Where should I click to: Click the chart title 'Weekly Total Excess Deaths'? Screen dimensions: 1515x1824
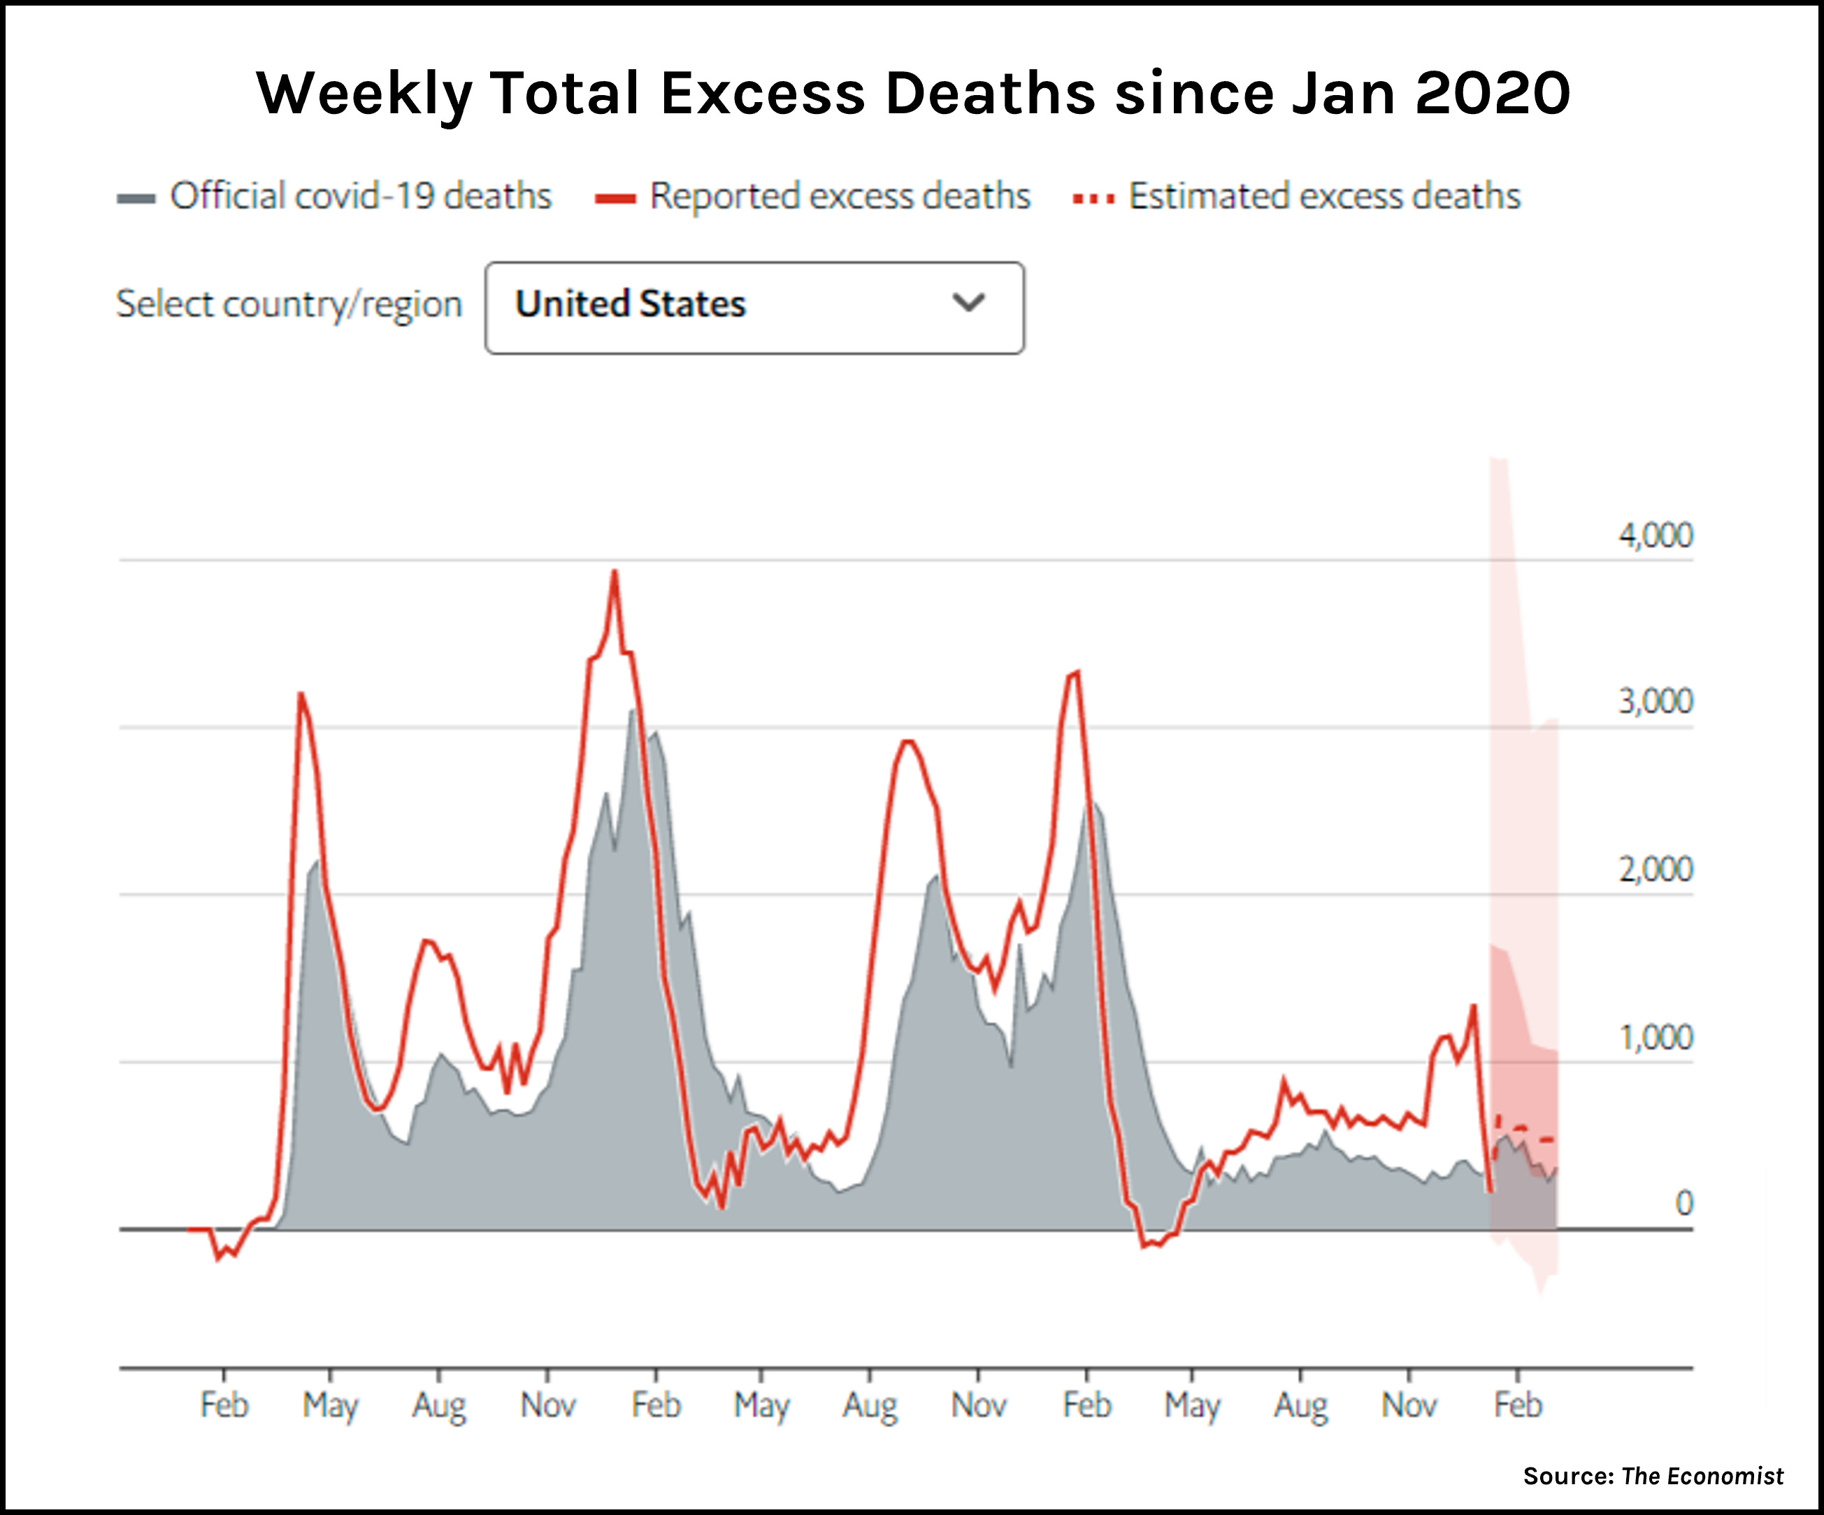[x=913, y=93]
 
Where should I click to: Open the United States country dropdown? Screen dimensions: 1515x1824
[x=754, y=308]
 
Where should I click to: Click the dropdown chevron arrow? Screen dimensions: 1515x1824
[x=968, y=303]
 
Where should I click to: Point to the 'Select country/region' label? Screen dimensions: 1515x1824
[x=289, y=305]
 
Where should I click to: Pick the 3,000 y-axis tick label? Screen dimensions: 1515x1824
[x=1655, y=702]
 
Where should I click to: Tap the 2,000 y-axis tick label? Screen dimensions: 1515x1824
[x=1655, y=870]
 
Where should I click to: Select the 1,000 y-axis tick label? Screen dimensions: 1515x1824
[x=1655, y=1037]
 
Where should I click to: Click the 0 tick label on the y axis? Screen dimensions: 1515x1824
[x=1683, y=1204]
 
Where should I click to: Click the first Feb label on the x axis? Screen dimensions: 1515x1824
[x=224, y=1405]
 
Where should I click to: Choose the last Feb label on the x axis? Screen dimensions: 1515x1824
[x=1517, y=1405]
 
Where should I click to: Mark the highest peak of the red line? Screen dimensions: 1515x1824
[x=615, y=573]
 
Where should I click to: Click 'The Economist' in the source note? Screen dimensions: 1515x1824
[x=1702, y=1476]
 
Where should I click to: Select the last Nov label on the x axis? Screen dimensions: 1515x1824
[x=1409, y=1405]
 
